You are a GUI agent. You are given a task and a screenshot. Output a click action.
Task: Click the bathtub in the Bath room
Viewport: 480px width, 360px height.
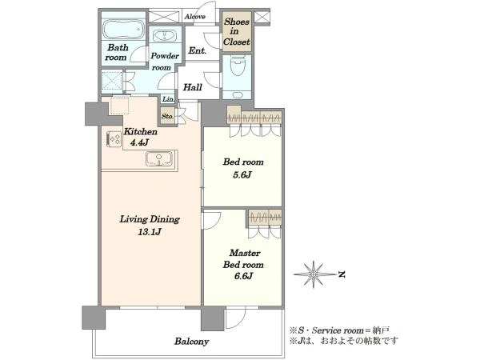[x=123, y=30]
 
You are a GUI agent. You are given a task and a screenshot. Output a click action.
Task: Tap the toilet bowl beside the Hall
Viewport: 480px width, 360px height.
[x=237, y=66]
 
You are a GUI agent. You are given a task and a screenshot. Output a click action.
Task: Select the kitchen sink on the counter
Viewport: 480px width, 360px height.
[x=158, y=158]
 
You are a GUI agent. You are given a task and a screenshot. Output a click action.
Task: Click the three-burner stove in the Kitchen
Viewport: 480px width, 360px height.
[x=114, y=139]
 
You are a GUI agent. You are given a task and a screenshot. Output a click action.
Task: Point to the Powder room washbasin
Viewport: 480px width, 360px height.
[x=164, y=36]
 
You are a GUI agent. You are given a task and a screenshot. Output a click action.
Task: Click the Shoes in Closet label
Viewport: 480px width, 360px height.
[x=236, y=31]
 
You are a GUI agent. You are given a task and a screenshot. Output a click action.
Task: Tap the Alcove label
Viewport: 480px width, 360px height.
[x=194, y=17]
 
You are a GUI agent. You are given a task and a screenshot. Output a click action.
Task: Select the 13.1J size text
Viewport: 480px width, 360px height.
[x=149, y=232]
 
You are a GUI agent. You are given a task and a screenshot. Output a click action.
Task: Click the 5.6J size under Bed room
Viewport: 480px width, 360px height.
[x=242, y=174]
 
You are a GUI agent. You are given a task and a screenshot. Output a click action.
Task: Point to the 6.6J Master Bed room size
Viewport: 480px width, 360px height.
[x=243, y=276]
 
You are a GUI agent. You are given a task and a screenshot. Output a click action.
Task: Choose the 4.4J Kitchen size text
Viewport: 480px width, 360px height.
[x=139, y=142]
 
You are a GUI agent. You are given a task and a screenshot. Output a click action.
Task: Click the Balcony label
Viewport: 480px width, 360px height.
[x=192, y=342]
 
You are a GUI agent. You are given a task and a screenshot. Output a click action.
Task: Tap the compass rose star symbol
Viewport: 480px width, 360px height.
[x=314, y=274]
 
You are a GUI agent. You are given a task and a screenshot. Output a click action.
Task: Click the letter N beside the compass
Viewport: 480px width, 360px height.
[x=342, y=274]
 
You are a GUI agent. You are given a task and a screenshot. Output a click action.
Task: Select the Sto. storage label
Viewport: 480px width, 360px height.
[x=167, y=116]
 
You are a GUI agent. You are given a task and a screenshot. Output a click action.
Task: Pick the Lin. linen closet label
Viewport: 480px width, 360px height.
[x=168, y=99]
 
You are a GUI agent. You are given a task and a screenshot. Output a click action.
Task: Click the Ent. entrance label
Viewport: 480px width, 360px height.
[x=198, y=50]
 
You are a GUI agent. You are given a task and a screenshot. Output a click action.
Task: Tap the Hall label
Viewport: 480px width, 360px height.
[x=193, y=87]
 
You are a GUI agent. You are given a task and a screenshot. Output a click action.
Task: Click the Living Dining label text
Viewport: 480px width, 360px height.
[x=150, y=219]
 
